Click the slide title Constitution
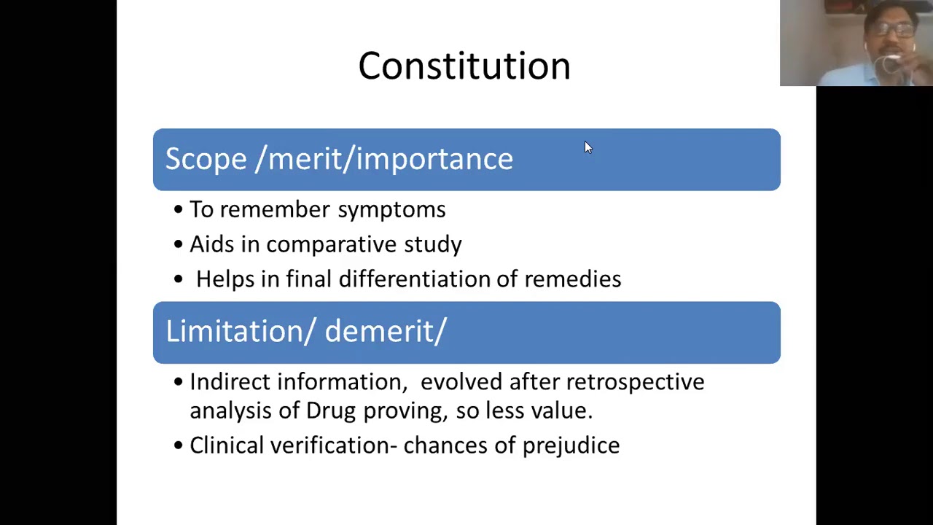click(x=464, y=66)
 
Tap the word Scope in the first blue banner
click(x=206, y=159)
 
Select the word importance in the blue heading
click(x=434, y=159)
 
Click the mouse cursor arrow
click(x=588, y=147)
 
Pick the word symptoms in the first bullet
click(x=391, y=210)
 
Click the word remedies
click(x=573, y=279)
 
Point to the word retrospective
click(x=635, y=382)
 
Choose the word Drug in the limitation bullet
click(x=330, y=411)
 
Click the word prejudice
click(x=571, y=446)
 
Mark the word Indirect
click(x=230, y=382)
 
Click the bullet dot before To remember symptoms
click(x=179, y=210)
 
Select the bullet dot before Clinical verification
click(x=179, y=446)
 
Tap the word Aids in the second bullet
click(x=211, y=244)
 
